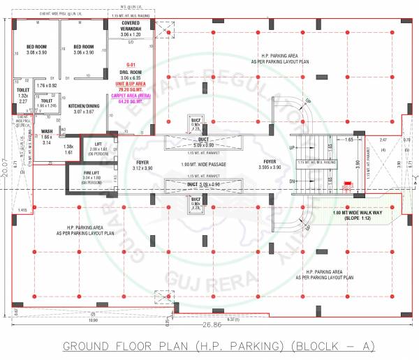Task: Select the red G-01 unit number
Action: [131, 63]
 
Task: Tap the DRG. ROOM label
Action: [131, 71]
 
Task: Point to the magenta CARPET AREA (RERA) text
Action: [131, 96]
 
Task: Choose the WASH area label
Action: [47, 131]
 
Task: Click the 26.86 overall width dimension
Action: [210, 325]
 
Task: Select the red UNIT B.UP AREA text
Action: [131, 83]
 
